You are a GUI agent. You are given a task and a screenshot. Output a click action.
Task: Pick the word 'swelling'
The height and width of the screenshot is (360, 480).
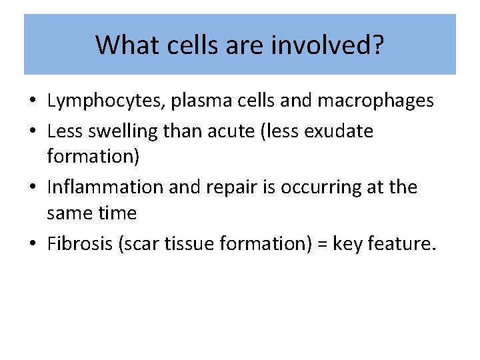[122, 131]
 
